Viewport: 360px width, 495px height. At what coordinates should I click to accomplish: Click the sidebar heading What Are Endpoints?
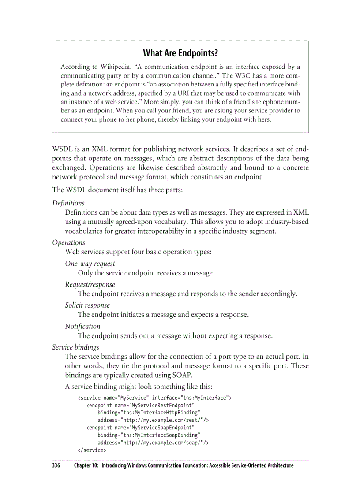point(180,53)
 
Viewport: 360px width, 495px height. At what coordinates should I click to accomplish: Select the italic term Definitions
point(68,203)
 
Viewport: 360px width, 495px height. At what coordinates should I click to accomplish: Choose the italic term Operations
point(68,242)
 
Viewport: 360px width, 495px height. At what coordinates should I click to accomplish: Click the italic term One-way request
point(90,264)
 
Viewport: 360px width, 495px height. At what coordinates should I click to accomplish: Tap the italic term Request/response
point(90,284)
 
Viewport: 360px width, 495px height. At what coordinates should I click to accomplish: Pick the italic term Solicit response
point(87,305)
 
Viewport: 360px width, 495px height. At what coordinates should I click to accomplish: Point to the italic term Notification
point(82,326)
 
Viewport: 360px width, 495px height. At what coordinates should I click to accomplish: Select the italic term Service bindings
point(75,347)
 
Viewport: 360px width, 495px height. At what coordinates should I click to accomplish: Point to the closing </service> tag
point(91,450)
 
